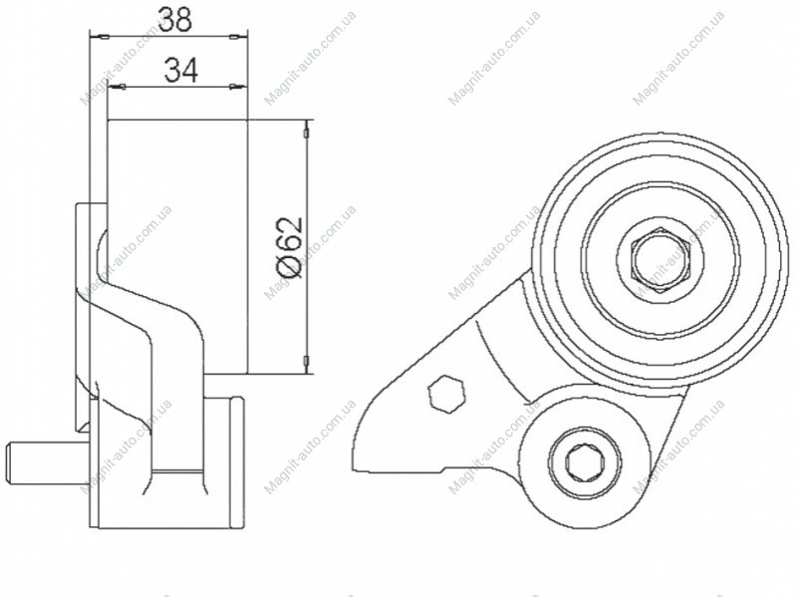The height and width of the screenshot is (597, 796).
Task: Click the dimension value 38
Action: (x=175, y=19)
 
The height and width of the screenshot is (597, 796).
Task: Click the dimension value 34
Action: (x=181, y=70)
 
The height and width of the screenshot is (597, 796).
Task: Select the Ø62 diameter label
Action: (x=290, y=248)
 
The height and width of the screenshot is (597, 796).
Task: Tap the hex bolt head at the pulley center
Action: (x=661, y=260)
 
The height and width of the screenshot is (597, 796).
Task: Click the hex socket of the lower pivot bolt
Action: (x=585, y=462)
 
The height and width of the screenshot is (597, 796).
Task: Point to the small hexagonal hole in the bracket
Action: (x=446, y=393)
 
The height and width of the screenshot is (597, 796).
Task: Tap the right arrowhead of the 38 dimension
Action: (x=235, y=37)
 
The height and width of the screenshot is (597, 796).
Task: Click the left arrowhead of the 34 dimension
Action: (x=119, y=87)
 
